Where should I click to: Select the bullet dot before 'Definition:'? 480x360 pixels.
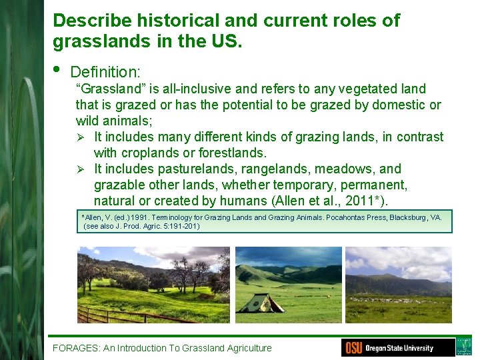pyautogui.click(x=57, y=69)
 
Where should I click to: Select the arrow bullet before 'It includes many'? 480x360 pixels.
pyautogui.click(x=80, y=137)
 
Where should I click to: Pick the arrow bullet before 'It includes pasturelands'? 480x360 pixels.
pyautogui.click(x=80, y=169)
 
